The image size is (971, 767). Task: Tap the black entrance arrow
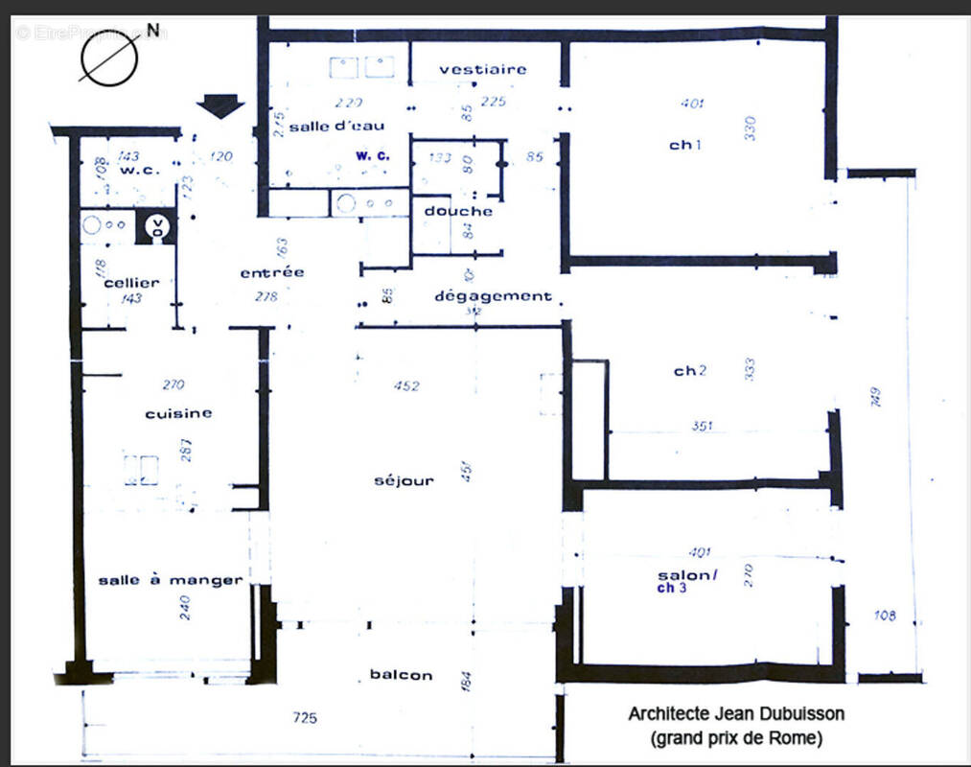(x=220, y=105)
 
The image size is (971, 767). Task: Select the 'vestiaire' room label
(x=483, y=69)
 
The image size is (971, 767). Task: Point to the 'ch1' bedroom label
(x=685, y=146)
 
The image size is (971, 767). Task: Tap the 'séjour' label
(x=404, y=480)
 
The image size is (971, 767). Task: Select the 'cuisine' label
(x=178, y=413)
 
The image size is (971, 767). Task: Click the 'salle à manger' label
(x=170, y=580)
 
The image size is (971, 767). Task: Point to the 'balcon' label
(x=401, y=675)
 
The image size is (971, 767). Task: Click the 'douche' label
(x=458, y=211)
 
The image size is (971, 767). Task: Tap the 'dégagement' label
(x=493, y=296)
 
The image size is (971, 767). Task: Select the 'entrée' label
(x=272, y=272)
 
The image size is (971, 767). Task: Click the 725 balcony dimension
(x=305, y=717)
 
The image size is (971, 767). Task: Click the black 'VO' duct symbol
(x=154, y=227)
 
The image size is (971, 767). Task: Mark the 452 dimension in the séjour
(x=406, y=386)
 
